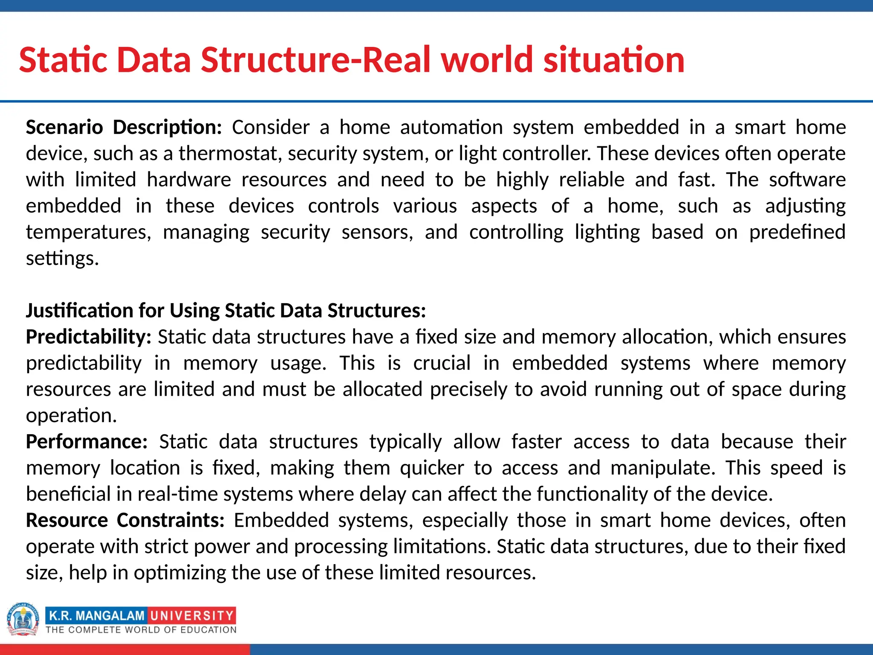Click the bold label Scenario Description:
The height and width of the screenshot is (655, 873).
tap(124, 128)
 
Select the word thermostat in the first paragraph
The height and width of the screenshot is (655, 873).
tap(228, 154)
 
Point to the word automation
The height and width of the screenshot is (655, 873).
tap(451, 128)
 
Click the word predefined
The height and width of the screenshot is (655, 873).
tap(797, 232)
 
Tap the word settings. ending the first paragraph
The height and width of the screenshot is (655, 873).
tap(62, 259)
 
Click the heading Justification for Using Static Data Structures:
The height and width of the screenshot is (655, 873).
tap(226, 311)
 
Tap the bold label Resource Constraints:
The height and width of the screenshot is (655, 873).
tap(125, 521)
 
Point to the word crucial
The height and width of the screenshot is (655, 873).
tap(442, 363)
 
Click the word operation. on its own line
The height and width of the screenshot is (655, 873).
tap(71, 416)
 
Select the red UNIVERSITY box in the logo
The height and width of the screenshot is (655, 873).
tap(192, 616)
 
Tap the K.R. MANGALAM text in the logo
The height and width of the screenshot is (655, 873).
tap(97, 616)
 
